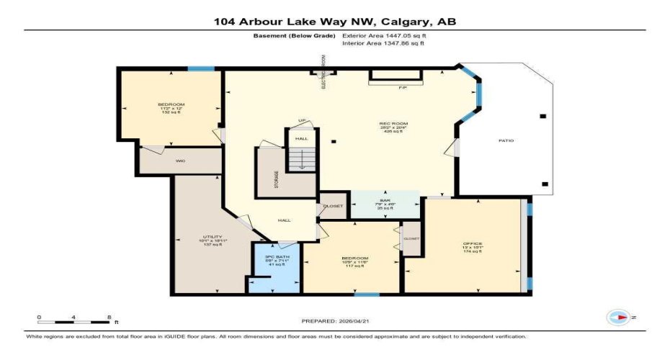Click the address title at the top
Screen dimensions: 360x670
[x=334, y=22]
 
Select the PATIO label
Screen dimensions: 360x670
[x=506, y=140]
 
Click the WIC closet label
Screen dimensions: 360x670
[x=181, y=161]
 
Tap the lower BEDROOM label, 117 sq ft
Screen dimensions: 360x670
[x=355, y=262]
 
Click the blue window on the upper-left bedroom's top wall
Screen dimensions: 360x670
[x=201, y=69]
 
